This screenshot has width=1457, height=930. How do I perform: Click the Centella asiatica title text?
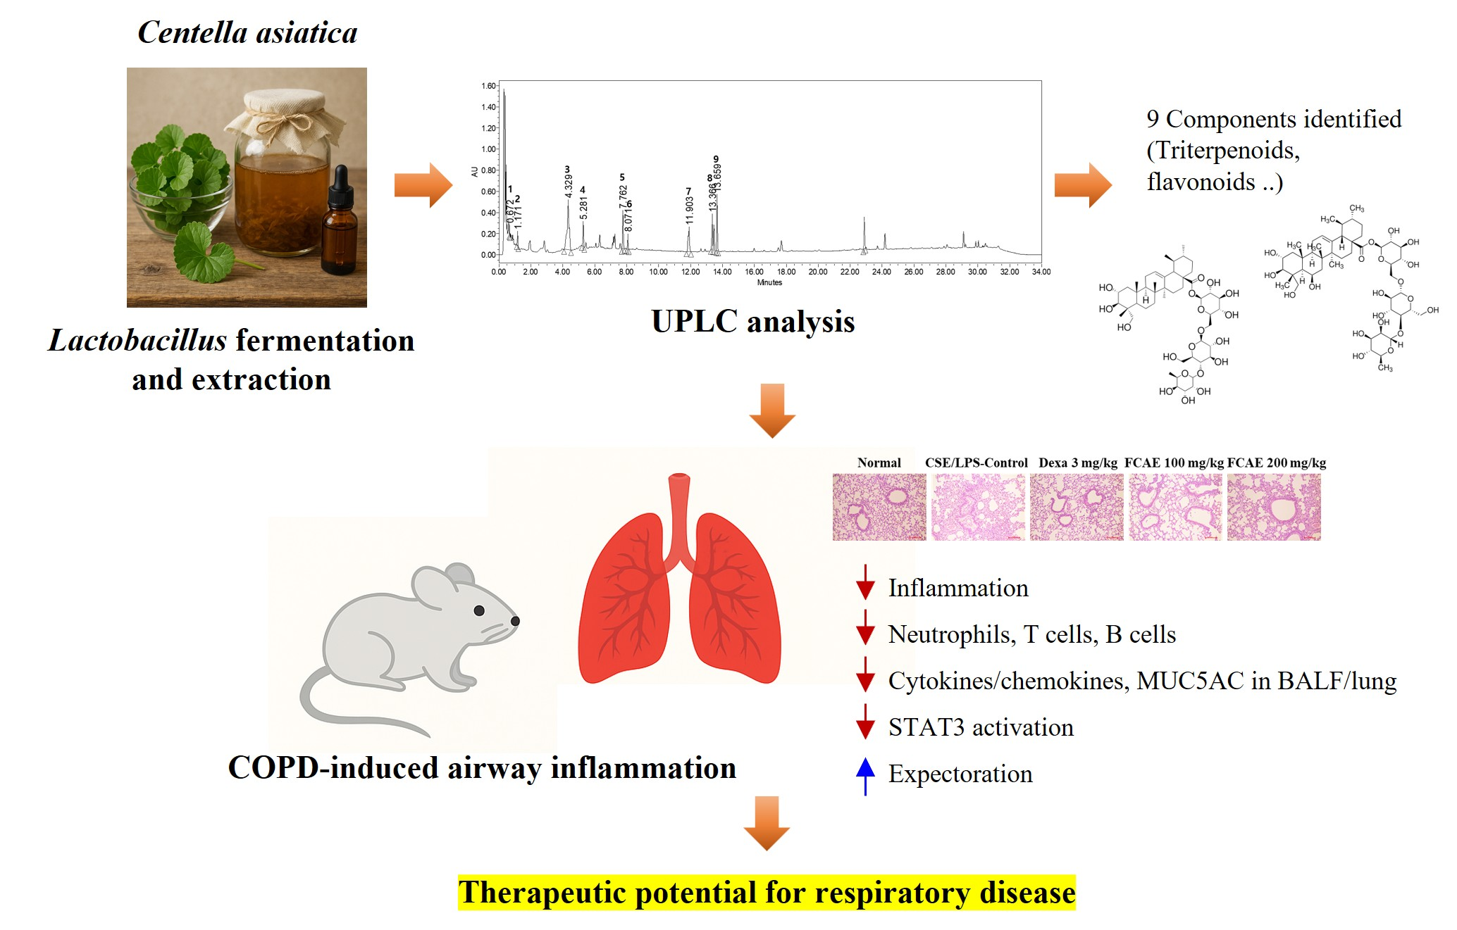247,33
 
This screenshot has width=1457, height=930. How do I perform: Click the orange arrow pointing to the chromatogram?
423,185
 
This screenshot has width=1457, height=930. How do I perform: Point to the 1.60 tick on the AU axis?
488,86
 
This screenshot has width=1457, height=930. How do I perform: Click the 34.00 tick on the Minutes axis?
1041,272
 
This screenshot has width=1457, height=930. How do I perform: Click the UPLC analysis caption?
752,322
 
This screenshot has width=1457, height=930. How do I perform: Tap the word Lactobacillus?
137,341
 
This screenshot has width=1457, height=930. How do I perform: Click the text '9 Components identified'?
1273,119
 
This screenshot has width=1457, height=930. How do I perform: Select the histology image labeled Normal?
879,507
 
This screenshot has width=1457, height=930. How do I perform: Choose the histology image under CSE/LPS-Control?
978,507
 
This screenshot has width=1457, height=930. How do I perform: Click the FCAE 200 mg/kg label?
1276,463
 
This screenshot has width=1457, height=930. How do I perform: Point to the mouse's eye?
479,610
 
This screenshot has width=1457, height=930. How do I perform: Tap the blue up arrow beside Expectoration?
865,775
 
